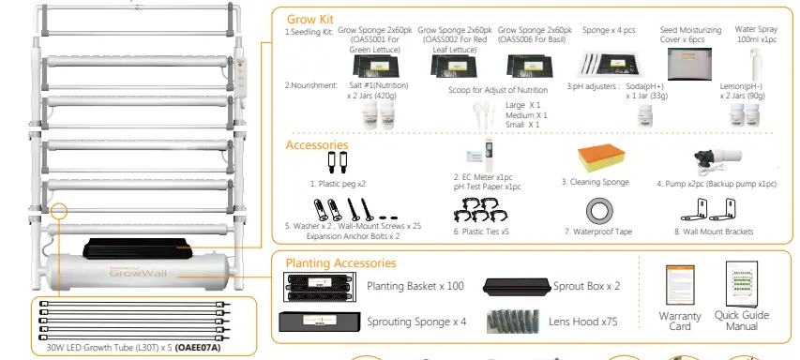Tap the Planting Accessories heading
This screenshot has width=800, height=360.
point(340,263)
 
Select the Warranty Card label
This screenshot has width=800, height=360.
point(681,321)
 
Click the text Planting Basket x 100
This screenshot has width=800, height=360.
point(415,286)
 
